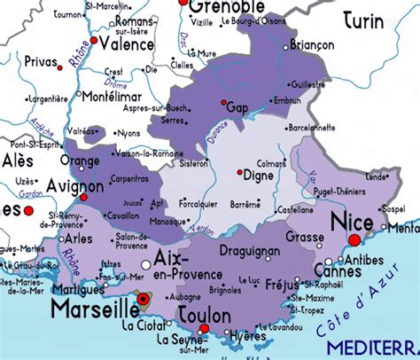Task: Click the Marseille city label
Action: click(90, 309)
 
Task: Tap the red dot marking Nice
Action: click(355, 239)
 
